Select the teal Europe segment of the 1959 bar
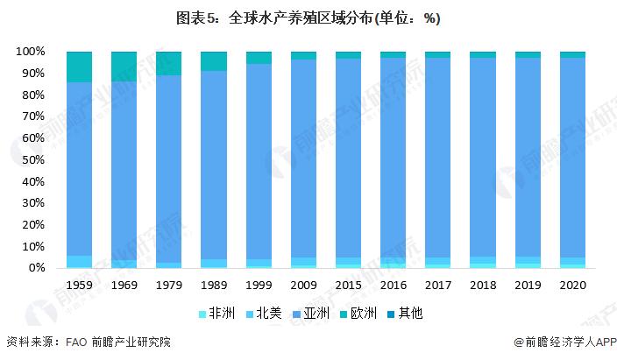pos(80,67)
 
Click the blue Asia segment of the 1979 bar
pos(169,166)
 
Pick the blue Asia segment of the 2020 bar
pos(572,158)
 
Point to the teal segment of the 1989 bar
pos(214,61)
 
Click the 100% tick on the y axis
pos(31,52)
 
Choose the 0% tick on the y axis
pos(36,268)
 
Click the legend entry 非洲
pos(220,313)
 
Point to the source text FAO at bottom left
pos(76,342)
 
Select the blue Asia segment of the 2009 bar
pos(303,158)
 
